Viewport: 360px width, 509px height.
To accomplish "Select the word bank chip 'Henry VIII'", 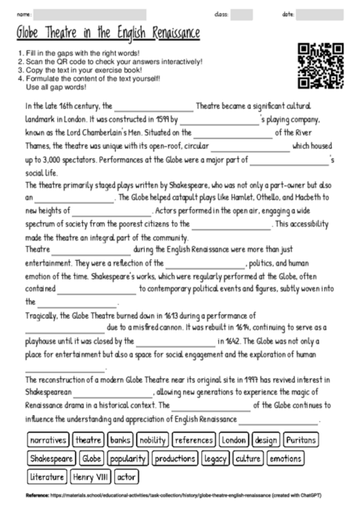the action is [92, 475].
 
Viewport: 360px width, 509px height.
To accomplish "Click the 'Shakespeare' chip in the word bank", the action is [51, 458].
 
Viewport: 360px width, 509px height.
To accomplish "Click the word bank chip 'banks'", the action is [120, 440].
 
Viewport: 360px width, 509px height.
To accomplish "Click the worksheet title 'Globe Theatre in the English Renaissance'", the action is [107, 34].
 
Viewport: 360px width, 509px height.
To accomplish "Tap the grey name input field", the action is [102, 13].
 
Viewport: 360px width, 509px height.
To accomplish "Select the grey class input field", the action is [241, 13].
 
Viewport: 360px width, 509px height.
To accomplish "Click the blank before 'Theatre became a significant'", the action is [154, 107].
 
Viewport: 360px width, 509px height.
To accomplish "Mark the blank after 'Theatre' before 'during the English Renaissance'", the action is [82, 249].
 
